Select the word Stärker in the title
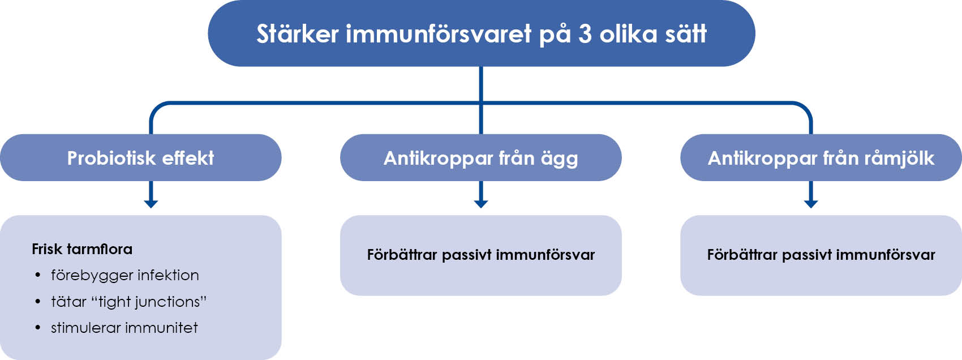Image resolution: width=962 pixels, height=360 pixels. (298, 33)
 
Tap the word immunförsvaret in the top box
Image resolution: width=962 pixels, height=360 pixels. (439, 33)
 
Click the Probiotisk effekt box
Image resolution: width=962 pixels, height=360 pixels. (141, 158)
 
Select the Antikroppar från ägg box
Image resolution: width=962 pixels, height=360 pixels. (481, 158)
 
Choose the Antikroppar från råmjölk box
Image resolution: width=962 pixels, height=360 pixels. (821, 158)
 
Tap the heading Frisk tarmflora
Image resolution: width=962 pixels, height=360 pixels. (82, 249)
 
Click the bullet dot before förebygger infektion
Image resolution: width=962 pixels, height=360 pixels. (38, 275)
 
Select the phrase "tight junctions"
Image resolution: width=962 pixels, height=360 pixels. (149, 302)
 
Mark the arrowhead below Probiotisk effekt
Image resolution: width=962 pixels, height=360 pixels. (151, 204)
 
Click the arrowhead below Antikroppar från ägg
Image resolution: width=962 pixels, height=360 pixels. (481, 204)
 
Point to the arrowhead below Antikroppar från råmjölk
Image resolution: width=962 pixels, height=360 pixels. (811, 204)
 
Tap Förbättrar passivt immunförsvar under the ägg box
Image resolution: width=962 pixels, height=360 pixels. (481, 255)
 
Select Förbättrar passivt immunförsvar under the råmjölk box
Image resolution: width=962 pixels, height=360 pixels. (821, 255)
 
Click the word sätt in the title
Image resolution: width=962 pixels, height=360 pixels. (686, 33)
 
